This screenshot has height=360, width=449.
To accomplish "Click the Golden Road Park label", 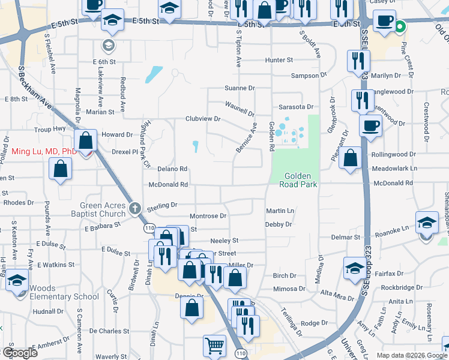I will [x=297, y=180].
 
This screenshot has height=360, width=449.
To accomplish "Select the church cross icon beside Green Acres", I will [x=136, y=208].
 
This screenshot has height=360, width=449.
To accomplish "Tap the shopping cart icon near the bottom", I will [x=214, y=346].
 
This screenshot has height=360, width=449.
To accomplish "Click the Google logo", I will [x=20, y=353].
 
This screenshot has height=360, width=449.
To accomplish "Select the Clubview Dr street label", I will [x=203, y=119].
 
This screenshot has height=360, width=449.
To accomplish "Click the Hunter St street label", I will [x=279, y=60].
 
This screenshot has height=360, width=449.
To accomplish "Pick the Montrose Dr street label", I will [x=208, y=215].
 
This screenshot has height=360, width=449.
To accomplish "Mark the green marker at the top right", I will [x=399, y=26].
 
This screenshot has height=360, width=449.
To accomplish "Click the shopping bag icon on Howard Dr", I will [x=86, y=142].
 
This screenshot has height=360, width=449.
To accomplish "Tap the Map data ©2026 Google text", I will [x=411, y=355].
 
